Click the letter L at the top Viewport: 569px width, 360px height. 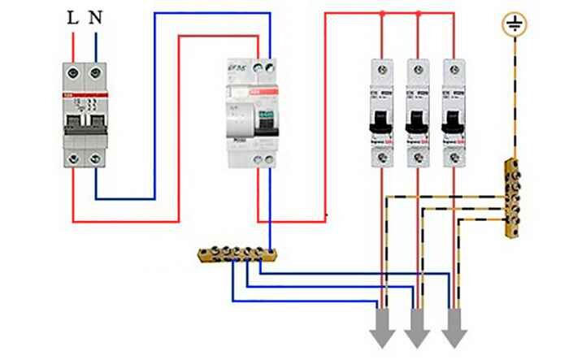[73, 17]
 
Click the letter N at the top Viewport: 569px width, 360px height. [98, 17]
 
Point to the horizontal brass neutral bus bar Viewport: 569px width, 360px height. [240, 254]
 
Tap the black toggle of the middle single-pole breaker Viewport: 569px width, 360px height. [418, 122]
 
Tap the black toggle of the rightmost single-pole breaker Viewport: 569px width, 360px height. [454, 122]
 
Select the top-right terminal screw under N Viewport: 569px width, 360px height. [97, 72]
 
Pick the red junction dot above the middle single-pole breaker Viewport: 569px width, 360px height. [418, 14]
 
